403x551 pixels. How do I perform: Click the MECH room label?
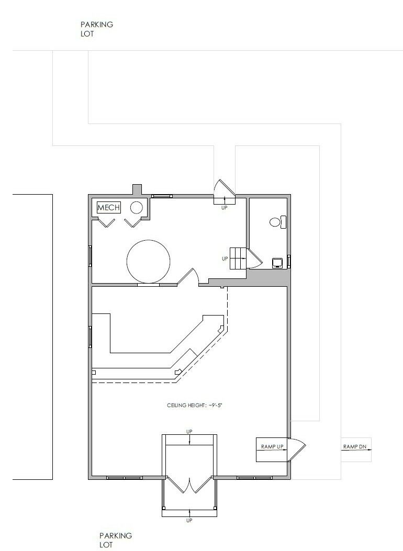click(108, 207)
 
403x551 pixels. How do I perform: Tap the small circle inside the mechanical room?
click(136, 208)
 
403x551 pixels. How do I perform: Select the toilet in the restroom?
click(278, 222)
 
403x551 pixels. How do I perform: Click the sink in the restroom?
click(278, 263)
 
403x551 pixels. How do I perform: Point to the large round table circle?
click(148, 261)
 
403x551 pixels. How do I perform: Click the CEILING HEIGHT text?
click(195, 406)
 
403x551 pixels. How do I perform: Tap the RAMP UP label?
click(272, 447)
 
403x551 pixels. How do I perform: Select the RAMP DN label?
click(354, 447)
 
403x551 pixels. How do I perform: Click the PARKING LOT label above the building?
click(97, 29)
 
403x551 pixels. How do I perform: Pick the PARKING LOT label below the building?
click(116, 541)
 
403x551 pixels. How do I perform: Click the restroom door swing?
click(254, 259)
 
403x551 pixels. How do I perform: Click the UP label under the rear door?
click(224, 208)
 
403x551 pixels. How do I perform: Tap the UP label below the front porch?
click(189, 521)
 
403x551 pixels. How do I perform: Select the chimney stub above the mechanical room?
click(137, 189)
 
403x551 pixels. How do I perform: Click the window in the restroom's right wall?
click(289, 262)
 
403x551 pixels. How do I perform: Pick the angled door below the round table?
click(188, 277)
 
